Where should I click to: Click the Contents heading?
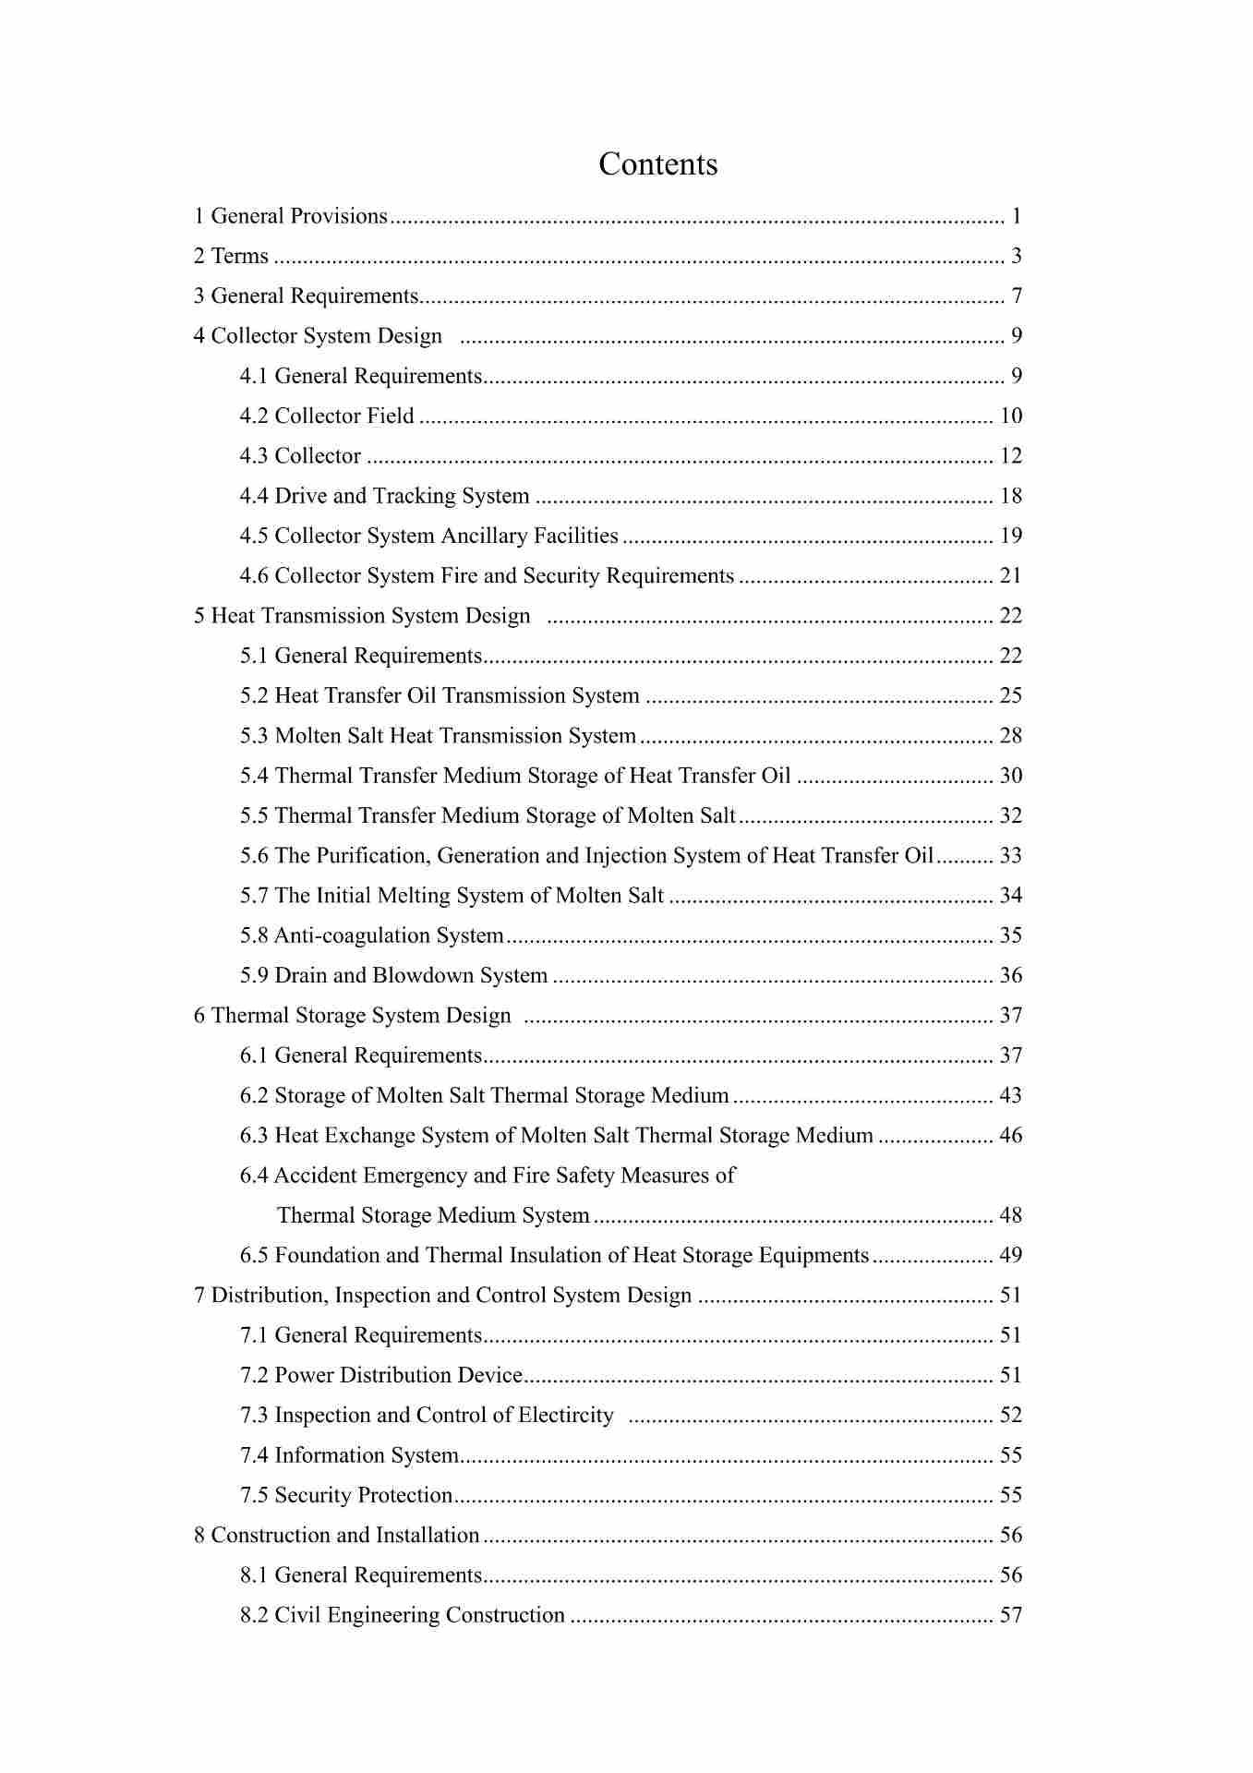click(657, 164)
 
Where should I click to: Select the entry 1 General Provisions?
click(291, 216)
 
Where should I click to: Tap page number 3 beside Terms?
click(1016, 256)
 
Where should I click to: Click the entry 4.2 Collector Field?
click(327, 416)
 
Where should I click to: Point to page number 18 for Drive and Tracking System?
click(1011, 496)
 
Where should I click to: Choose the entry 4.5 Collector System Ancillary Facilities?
click(429, 536)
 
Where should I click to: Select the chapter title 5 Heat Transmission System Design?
click(362, 616)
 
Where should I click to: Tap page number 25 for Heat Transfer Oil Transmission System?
click(1011, 695)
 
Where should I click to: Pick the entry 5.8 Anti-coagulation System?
click(372, 935)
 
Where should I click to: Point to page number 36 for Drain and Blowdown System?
click(1011, 975)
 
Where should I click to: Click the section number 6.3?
click(254, 1135)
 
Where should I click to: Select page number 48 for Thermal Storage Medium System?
click(1011, 1215)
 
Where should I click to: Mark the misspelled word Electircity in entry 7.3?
click(565, 1415)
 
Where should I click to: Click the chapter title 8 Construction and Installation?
click(336, 1535)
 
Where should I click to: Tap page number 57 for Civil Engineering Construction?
click(1011, 1615)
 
